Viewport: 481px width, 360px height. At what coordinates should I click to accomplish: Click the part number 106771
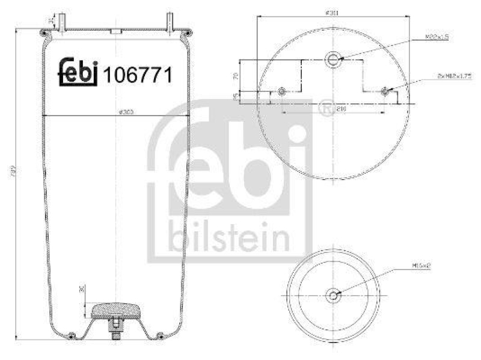[x=138, y=75]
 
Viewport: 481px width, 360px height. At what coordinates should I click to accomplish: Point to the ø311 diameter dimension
[x=329, y=12]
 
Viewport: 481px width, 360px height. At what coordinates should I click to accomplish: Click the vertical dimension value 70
[x=236, y=76]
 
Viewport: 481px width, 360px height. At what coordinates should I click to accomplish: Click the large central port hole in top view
[x=333, y=58]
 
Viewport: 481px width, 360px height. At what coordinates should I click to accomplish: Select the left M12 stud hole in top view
[x=282, y=92]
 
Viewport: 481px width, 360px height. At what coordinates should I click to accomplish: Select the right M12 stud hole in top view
[x=385, y=92]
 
